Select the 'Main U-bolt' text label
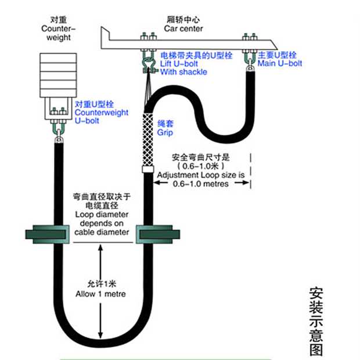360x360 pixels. (280, 63)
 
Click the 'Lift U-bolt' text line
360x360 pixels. (178, 63)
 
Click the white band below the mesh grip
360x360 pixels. (147, 172)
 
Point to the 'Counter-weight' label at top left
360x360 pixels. (56, 29)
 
